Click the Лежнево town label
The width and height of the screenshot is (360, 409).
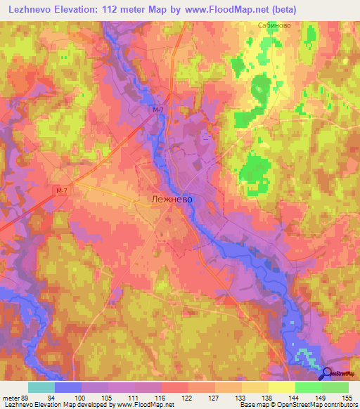point(172,200)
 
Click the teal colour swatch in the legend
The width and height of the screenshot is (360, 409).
point(41,387)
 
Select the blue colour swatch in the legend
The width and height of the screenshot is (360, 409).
point(68,387)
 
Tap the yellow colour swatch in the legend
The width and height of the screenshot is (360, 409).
point(281,387)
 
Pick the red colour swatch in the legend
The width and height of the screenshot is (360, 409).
point(174,387)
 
